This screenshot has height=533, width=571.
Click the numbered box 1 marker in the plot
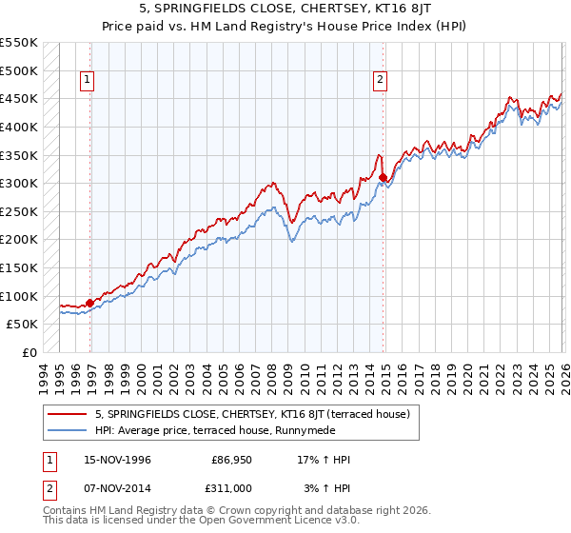pos(88,81)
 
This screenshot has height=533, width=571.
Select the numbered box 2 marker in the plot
pos(380,81)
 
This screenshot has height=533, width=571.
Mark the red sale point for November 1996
pos(90,304)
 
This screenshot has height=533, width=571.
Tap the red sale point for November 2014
pos(383,177)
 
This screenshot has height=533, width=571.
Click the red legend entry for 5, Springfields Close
pos(252,414)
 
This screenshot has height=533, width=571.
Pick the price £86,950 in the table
pos(231,460)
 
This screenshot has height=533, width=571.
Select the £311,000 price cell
pos(231,486)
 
